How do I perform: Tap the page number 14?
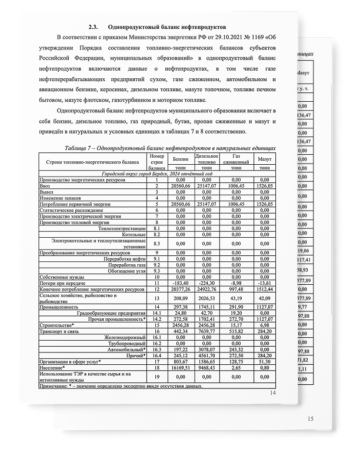pos(272,393)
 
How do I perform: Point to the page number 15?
pos(311,418)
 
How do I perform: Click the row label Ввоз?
pos(46,185)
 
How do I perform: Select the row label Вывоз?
pos(47,192)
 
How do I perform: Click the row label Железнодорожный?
pos(125,337)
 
